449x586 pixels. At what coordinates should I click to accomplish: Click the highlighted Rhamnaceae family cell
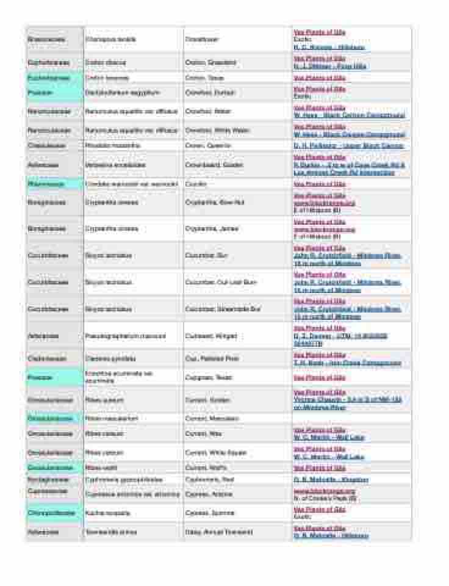[x=54, y=184]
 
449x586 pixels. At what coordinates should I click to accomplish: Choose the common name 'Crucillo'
[x=195, y=184]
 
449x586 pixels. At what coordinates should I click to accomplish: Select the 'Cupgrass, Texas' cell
[x=204, y=377]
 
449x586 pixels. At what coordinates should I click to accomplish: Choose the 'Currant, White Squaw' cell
[x=211, y=452]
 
